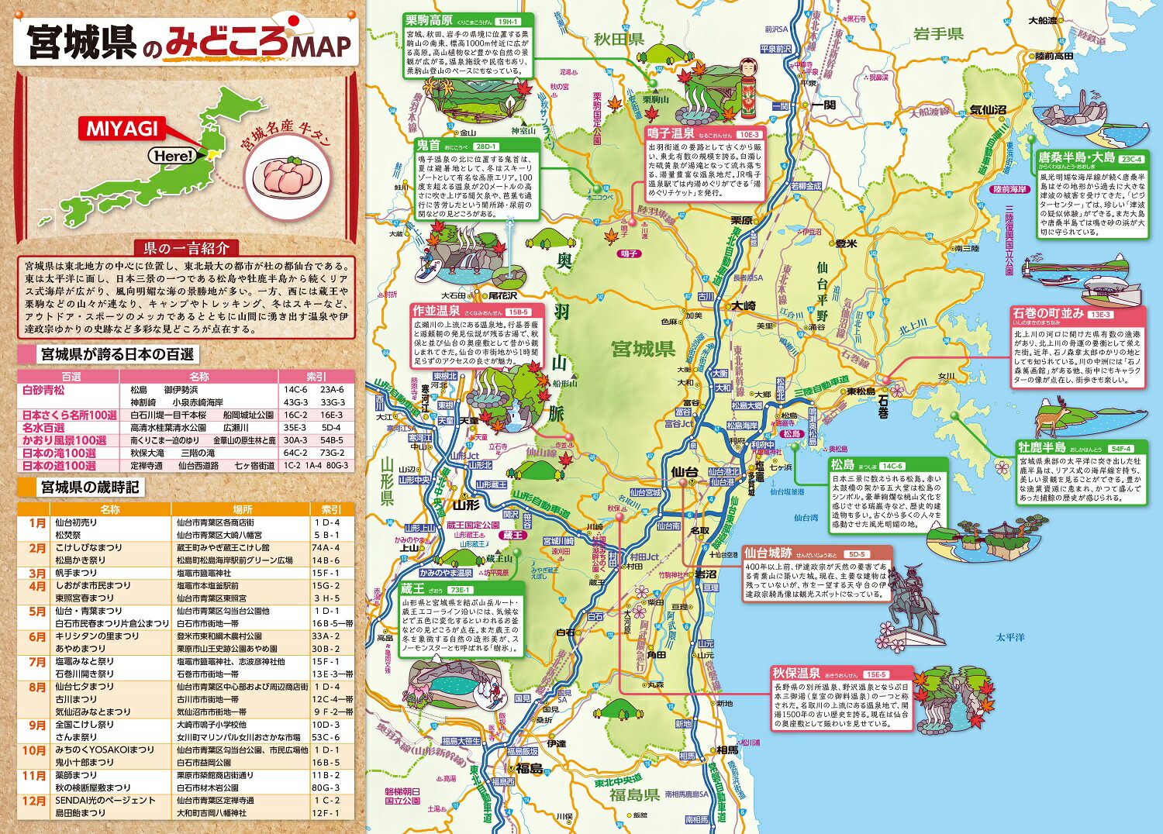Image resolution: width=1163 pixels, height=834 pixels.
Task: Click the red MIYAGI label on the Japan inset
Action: tap(121, 128)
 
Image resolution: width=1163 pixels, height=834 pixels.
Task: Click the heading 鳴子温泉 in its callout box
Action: tap(671, 133)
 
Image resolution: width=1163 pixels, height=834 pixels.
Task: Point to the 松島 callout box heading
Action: tap(842, 465)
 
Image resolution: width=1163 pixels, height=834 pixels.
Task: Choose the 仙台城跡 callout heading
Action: tap(768, 553)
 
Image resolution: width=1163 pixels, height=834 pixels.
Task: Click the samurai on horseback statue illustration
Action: tap(911, 605)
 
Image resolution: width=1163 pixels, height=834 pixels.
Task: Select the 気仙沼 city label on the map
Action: tap(988, 110)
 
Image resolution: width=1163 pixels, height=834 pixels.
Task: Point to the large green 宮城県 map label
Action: tap(643, 350)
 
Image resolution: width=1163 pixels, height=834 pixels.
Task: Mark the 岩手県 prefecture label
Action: tap(937, 33)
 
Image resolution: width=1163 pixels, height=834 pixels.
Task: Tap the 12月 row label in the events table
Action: tap(36, 801)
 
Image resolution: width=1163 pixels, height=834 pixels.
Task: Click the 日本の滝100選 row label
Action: tap(59, 453)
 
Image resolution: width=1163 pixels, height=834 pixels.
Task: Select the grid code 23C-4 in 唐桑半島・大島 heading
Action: tap(1131, 159)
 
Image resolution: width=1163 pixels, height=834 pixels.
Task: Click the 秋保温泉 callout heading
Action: tap(796, 673)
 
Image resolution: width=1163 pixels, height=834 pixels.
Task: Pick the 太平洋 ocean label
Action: tap(1010, 637)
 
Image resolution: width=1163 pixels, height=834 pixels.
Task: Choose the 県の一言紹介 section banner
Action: tap(186, 248)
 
